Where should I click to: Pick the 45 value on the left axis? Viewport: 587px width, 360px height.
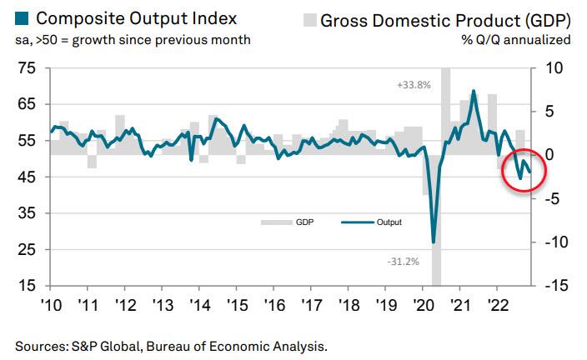(x=26, y=177)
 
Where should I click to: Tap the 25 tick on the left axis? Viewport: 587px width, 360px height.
(x=26, y=249)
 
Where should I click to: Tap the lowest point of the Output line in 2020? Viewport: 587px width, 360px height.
(x=434, y=242)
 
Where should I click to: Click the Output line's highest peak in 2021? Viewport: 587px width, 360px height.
(x=474, y=91)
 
